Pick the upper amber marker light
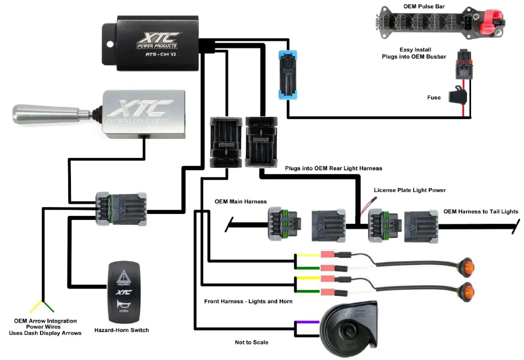[x=468, y=267]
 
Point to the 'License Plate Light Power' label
[x=410, y=190]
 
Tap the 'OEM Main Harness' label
[x=240, y=201]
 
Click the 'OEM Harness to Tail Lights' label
[x=481, y=211]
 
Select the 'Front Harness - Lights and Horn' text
[x=248, y=301]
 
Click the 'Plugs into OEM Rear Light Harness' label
[x=333, y=168]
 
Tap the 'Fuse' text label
[x=434, y=97]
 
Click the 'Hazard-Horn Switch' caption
[x=121, y=330]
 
